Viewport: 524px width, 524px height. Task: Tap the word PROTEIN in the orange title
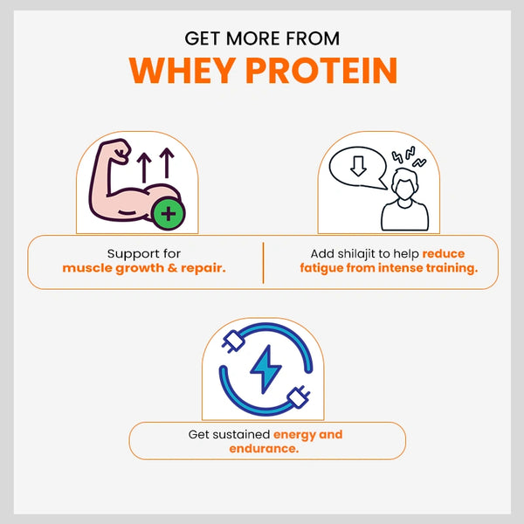(321, 71)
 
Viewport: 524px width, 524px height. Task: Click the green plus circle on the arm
(168, 214)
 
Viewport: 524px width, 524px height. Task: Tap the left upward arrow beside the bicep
(144, 168)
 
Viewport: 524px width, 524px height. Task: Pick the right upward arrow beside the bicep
(167, 163)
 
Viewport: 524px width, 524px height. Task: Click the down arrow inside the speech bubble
(358, 166)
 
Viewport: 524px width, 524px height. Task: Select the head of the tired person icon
(404, 184)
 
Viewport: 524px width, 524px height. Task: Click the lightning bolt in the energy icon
(265, 369)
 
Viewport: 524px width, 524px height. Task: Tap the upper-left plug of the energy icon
(233, 341)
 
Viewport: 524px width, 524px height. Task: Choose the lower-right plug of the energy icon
(298, 396)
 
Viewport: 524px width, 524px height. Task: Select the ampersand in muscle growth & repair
(172, 268)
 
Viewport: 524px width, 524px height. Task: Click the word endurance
(264, 449)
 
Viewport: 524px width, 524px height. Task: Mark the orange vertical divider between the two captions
(264, 263)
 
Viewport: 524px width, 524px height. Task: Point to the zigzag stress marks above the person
(409, 156)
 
